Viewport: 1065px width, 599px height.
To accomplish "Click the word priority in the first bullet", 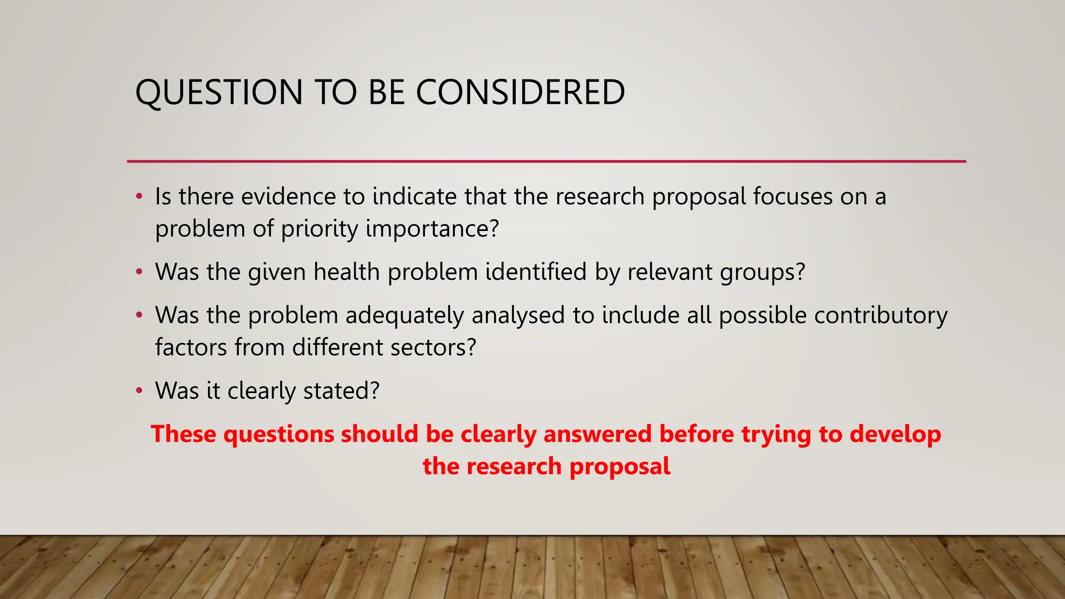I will pyautogui.click(x=319, y=229).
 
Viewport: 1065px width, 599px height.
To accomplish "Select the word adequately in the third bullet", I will pyautogui.click(x=405, y=316).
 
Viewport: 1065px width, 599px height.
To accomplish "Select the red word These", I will pyautogui.click(x=183, y=434).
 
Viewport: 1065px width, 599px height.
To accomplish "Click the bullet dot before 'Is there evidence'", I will pyautogui.click(x=139, y=197).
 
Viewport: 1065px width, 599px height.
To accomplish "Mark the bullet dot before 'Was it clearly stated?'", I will pyautogui.click(x=139, y=390).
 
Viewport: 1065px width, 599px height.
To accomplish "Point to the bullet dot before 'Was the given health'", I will pyautogui.click(x=139, y=272).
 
